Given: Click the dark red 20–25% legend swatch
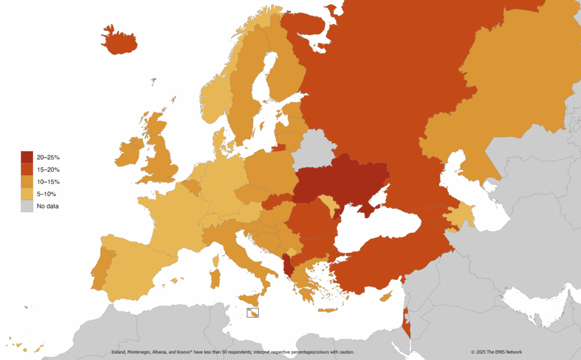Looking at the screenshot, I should [27, 157].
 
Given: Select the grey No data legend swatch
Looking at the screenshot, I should [27, 206].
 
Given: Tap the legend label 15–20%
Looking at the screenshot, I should [48, 170].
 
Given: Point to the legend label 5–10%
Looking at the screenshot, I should [47, 194].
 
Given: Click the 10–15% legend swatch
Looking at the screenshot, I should [27, 181].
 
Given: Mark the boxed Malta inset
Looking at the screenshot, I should [253, 312].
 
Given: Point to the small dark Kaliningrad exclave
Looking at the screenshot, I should [278, 149].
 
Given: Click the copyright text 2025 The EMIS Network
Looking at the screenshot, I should [496, 352].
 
